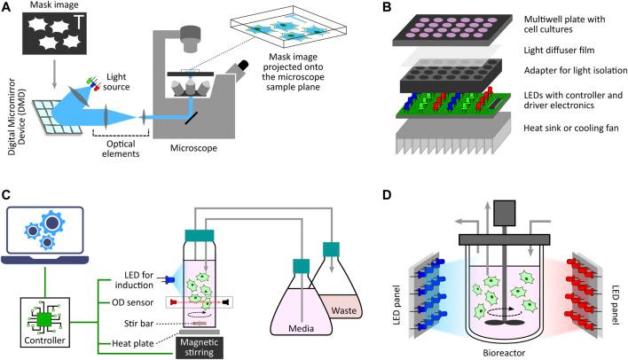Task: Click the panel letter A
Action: [9, 8]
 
